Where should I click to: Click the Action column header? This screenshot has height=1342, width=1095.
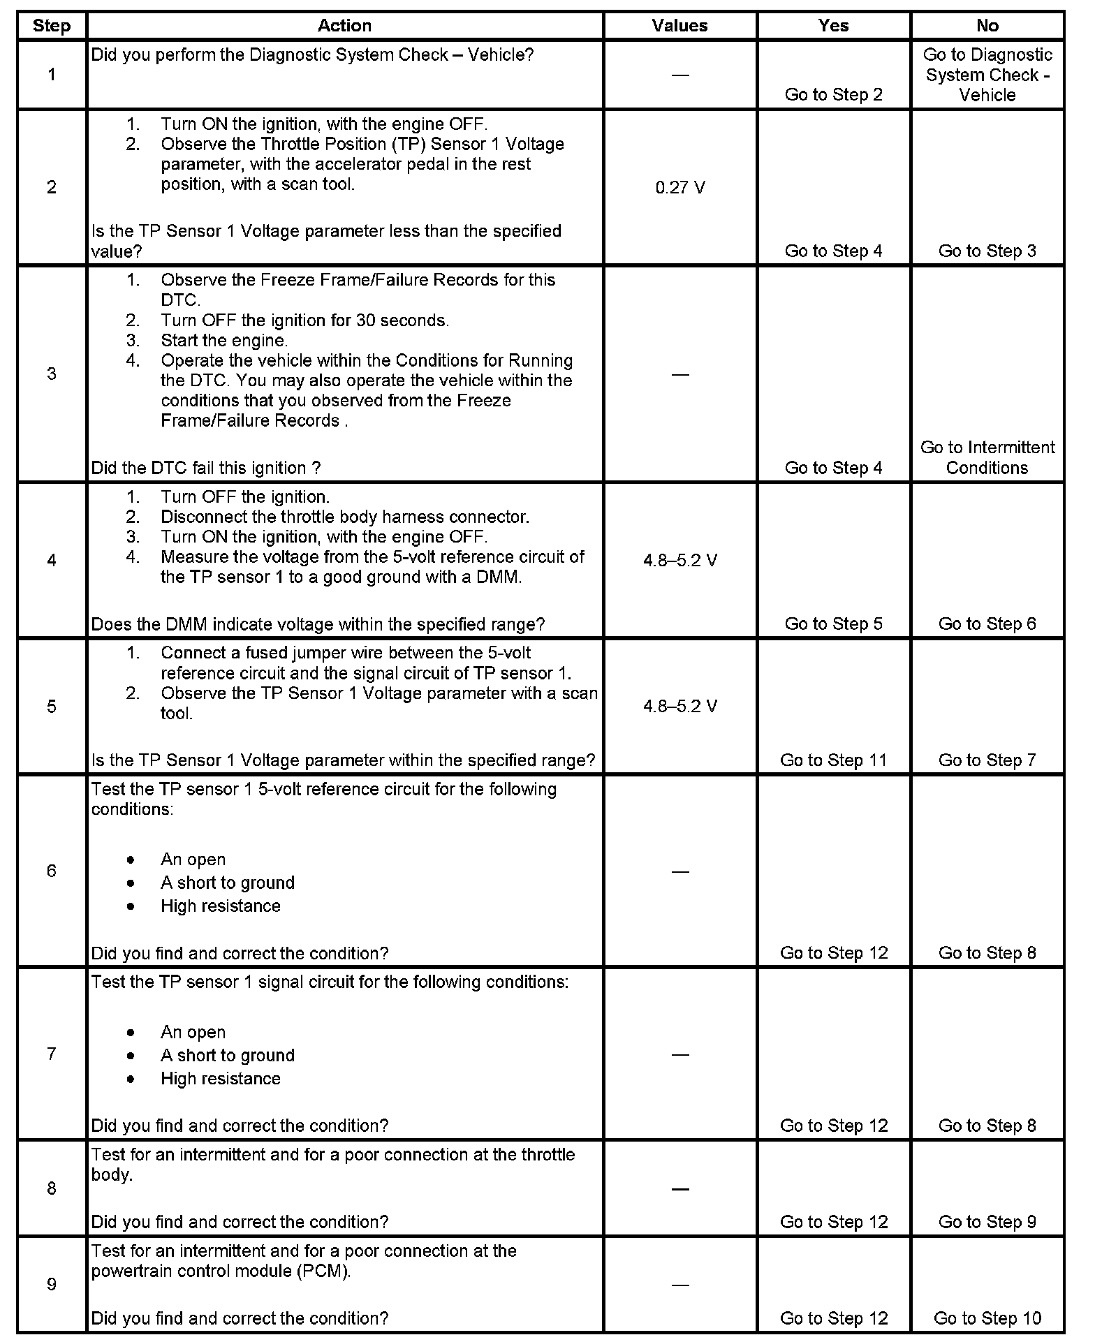pos(344,26)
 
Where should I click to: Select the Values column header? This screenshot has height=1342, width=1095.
pos(679,26)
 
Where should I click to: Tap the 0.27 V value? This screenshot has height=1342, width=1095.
pos(679,187)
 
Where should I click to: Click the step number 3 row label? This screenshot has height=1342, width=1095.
pos(52,374)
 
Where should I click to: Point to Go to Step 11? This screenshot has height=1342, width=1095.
pos(833,760)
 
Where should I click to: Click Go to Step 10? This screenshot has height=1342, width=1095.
pos(987,1318)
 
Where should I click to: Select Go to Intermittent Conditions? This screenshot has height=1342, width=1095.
pos(987,457)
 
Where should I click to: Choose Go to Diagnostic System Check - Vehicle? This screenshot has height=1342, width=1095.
pos(987,75)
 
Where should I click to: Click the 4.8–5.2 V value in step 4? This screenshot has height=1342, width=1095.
pos(679,561)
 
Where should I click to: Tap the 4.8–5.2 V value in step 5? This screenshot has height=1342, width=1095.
pos(679,706)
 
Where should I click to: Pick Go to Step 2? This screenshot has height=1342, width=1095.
pos(833,95)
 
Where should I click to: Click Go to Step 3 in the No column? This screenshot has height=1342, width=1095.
pos(987,251)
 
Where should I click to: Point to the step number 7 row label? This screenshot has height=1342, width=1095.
pos(52,1054)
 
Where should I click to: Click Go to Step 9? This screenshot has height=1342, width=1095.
pos(987,1222)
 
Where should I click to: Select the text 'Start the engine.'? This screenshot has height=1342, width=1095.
pos(224,341)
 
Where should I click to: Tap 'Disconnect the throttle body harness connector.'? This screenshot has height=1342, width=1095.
pos(345,517)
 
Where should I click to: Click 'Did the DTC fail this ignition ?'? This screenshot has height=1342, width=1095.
pos(206,468)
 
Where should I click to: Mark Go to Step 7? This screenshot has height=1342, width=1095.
pos(987,760)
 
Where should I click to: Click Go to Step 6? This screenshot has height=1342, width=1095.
pos(987,624)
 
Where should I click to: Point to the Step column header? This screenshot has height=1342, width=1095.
pos(52,26)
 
